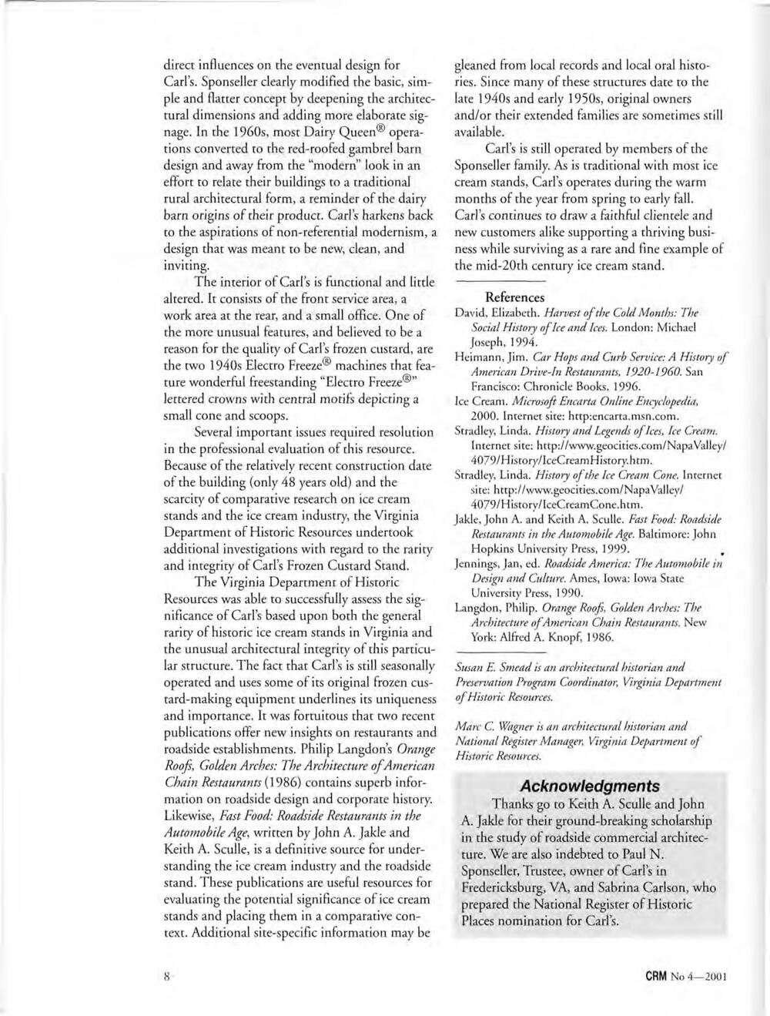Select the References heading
click(515, 297)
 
